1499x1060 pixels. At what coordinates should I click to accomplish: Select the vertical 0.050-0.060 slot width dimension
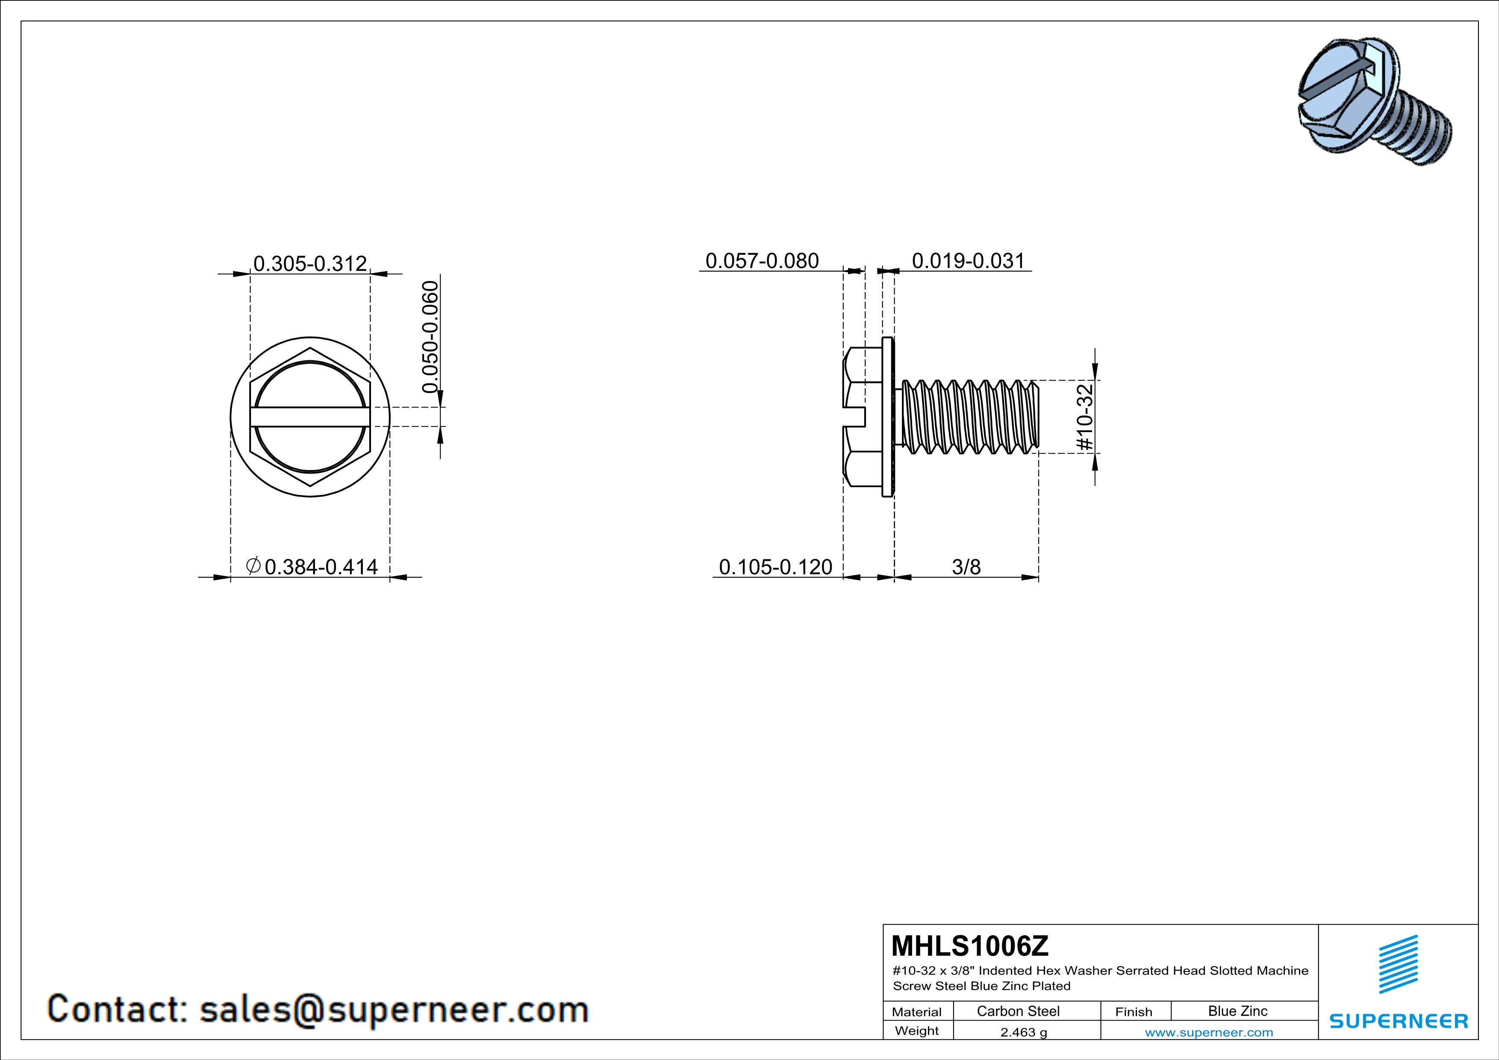pos(430,337)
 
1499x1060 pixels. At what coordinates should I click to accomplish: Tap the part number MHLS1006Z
pos(969,945)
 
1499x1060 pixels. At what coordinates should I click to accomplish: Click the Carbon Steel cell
pos(1017,1011)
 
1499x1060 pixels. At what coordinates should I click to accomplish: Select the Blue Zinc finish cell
pos(1237,1011)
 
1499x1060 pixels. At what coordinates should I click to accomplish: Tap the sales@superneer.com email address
pos(394,1009)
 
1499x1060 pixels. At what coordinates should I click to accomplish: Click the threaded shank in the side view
pos(969,416)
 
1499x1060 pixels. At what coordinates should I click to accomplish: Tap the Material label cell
pos(917,1012)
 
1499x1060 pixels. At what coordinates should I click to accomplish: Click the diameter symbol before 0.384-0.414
pos(253,565)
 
